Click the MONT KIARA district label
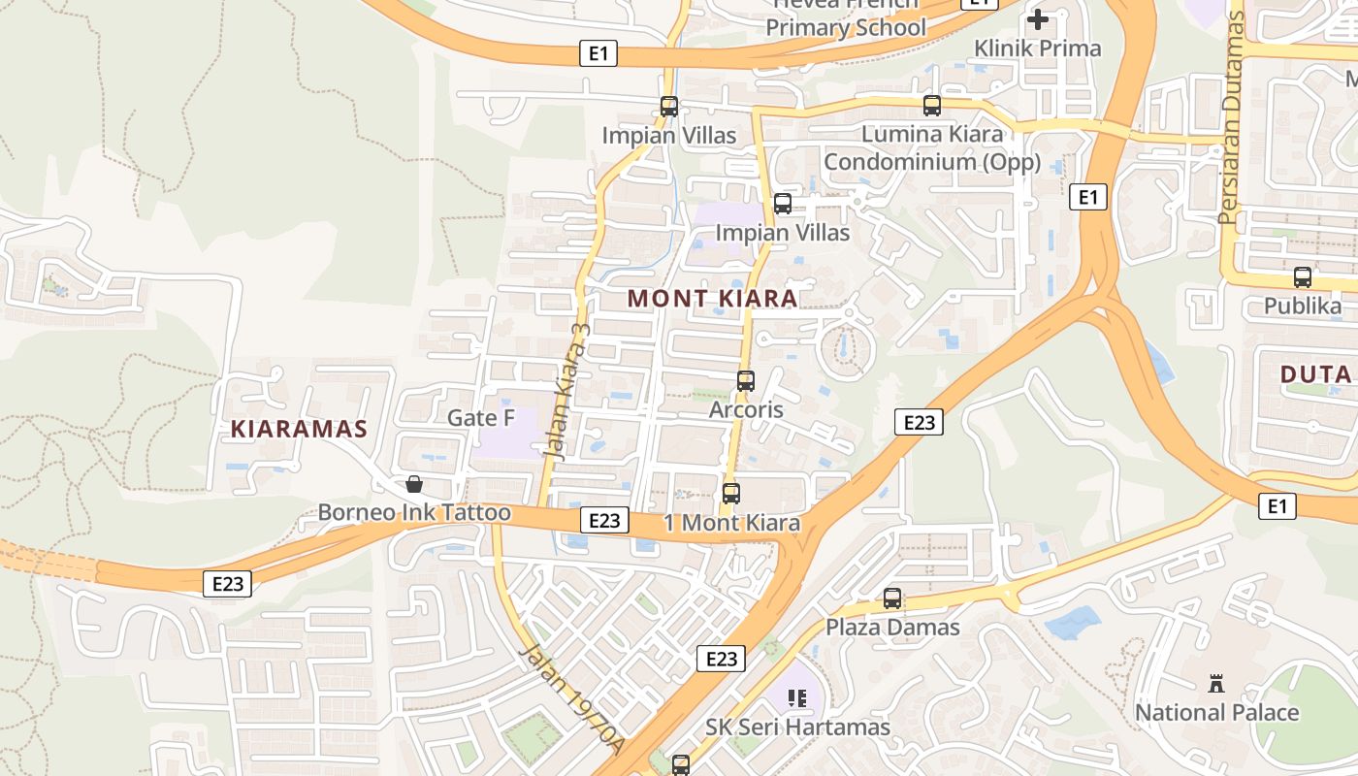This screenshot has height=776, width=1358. [x=713, y=299]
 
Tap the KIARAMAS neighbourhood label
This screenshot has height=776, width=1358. [x=299, y=429]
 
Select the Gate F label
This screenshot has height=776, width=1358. [x=481, y=418]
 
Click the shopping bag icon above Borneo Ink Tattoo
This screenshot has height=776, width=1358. [x=414, y=484]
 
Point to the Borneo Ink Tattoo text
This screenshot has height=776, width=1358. [x=414, y=512]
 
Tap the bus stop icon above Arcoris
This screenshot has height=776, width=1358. [x=746, y=381]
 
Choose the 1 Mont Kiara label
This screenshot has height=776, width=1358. [x=732, y=523]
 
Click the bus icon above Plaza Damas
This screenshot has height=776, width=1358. [x=892, y=598]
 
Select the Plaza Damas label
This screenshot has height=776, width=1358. [x=892, y=627]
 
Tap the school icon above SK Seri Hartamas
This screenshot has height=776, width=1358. [x=797, y=698]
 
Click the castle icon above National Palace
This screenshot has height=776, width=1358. [x=1216, y=684]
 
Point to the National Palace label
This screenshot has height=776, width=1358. [x=1216, y=712]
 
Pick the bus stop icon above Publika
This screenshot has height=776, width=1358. [x=1303, y=277]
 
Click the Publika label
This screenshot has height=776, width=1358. [x=1303, y=307]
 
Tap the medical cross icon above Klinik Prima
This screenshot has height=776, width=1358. [x=1038, y=19]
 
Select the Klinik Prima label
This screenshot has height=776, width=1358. [x=1038, y=48]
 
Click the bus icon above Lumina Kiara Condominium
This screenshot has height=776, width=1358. [x=932, y=106]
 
